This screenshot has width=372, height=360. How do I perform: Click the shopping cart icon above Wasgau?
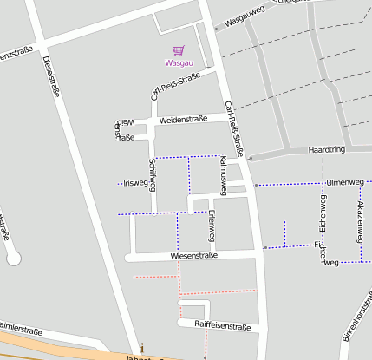point(178,51)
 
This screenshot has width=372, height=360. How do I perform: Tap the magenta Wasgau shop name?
point(179,63)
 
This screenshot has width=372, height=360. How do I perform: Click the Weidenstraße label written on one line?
point(183,119)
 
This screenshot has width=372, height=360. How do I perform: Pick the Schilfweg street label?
point(153,175)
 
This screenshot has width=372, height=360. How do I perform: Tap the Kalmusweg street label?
point(223,174)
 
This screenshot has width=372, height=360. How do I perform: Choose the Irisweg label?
point(136,183)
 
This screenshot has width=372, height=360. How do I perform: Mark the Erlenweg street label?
point(212,226)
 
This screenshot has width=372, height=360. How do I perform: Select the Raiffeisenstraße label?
point(222,327)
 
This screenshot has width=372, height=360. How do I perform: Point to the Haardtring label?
point(327,151)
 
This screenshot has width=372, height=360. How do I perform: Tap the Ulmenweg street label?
point(345,182)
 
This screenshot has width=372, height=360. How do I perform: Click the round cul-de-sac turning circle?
point(12,258)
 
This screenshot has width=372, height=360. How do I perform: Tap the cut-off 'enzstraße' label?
point(16,55)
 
